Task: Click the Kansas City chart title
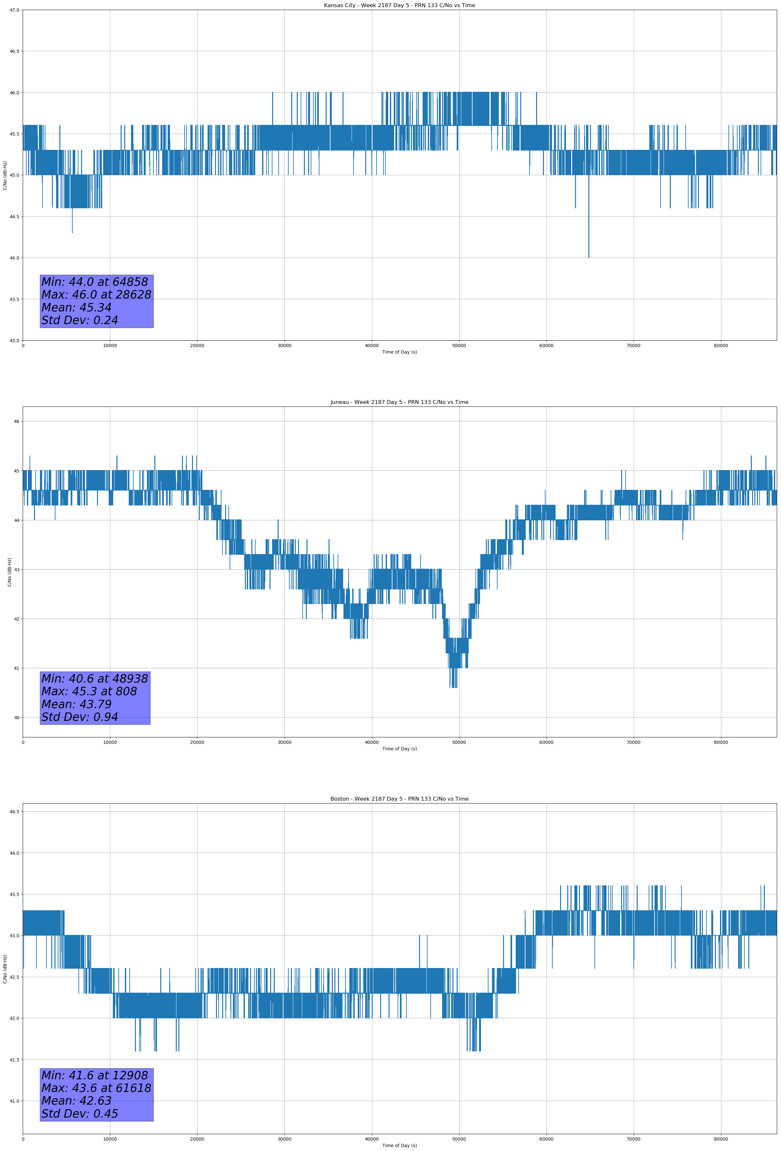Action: [399, 6]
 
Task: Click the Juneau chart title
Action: [399, 402]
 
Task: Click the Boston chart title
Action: [399, 799]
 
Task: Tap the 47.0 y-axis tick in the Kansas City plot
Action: [14, 10]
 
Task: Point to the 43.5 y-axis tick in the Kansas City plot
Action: [14, 299]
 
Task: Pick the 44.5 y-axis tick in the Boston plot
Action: [14, 812]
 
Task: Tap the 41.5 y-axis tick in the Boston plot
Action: [14, 1060]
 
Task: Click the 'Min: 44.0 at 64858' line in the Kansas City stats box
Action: [95, 282]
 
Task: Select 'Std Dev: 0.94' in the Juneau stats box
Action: [80, 717]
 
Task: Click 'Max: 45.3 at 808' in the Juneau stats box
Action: [89, 691]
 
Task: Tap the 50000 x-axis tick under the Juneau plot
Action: [459, 742]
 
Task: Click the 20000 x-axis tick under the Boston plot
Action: [197, 1139]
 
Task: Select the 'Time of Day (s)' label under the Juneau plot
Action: [399, 749]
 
